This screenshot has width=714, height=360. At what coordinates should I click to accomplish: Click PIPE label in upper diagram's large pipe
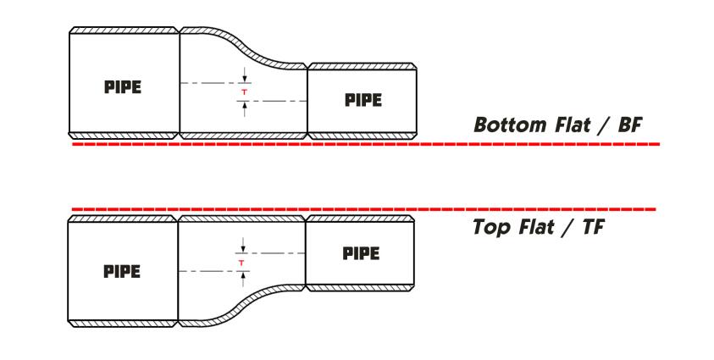click(x=123, y=87)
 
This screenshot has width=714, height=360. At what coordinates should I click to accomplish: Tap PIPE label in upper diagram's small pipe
click(x=363, y=100)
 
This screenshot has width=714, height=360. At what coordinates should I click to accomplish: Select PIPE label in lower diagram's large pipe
click(x=122, y=272)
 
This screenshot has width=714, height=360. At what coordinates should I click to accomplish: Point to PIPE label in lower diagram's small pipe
click(x=361, y=253)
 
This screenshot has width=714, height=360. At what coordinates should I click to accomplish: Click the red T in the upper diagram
click(x=245, y=92)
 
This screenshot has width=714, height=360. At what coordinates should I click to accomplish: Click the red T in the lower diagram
click(x=241, y=263)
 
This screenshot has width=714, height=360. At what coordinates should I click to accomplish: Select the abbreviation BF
click(x=629, y=125)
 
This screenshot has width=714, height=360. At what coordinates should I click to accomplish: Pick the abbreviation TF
click(x=593, y=227)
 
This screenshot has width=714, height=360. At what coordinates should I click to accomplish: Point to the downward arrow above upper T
click(x=245, y=75)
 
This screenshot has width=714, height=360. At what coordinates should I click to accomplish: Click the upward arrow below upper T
click(x=245, y=109)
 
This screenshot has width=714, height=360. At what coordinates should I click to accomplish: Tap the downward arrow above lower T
click(x=243, y=246)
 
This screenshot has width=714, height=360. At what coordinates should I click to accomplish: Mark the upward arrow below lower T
click(x=243, y=280)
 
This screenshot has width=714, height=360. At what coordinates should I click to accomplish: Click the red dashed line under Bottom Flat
click(x=366, y=144)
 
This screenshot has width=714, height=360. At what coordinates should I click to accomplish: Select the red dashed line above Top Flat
click(x=364, y=209)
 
